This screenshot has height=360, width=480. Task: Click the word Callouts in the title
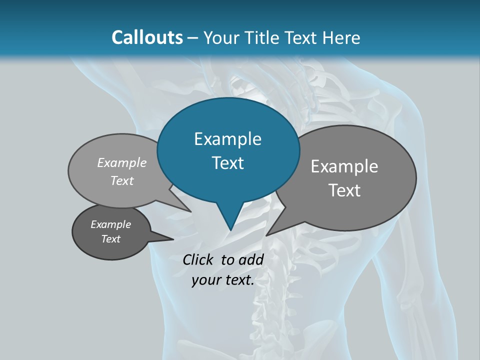point(147,37)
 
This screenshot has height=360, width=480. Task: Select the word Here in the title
point(342,37)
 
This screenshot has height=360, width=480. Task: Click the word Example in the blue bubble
point(227,139)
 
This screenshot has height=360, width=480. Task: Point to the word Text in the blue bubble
point(227,162)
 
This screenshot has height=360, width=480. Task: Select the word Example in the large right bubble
point(344,166)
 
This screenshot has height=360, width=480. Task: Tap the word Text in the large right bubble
point(344,190)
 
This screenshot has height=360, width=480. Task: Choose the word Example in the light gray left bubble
point(122,162)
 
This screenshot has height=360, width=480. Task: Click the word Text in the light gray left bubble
point(122,180)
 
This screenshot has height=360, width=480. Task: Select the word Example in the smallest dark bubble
point(111,224)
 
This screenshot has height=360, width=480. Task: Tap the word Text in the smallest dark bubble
point(111,239)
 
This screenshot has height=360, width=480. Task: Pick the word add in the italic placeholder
point(251,259)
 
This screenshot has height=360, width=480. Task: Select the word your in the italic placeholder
point(205,280)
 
